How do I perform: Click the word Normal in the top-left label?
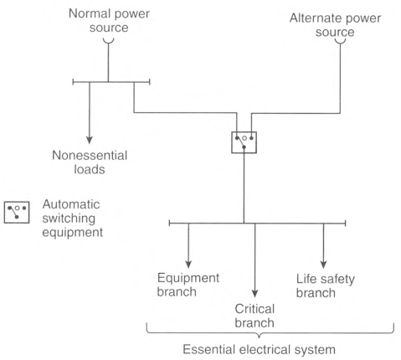click(88, 13)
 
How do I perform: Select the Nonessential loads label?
click(90, 162)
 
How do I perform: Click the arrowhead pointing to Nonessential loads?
click(90, 140)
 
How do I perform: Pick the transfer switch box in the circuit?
click(244, 142)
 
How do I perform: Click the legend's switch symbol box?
click(17, 213)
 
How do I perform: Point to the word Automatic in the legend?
click(71, 204)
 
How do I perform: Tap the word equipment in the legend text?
click(73, 233)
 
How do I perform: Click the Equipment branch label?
click(188, 285)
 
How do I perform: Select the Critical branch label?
click(254, 316)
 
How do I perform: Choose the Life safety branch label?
click(326, 285)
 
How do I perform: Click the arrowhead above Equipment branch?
click(188, 264)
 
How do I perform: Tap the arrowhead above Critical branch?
click(254, 294)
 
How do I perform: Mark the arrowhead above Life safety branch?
click(323, 265)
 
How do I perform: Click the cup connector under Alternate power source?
click(340, 42)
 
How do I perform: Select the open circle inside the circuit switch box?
click(244, 138)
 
